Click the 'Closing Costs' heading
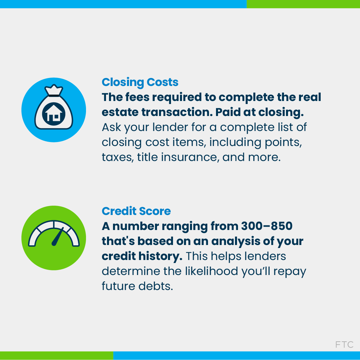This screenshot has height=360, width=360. coord(140,82)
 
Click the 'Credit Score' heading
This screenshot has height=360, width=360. coord(136,211)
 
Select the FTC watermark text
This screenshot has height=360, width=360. coord(344,344)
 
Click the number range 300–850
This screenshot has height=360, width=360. coord(266,226)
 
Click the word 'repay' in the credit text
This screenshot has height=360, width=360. coord(290,271)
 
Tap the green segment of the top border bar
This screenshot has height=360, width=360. coord(303,4)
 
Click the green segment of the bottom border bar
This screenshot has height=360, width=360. coord(56,355)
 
